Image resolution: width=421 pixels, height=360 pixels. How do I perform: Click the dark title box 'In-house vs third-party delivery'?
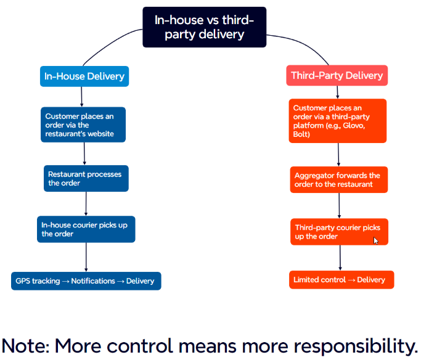pos(204,27)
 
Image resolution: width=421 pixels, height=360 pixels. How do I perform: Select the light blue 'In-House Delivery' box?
pos(84,76)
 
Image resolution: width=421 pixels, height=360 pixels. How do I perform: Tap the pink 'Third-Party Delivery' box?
pos(337,75)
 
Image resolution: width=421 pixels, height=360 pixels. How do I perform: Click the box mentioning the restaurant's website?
pos(83,125)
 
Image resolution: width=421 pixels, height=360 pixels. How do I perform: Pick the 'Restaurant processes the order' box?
pos(86,179)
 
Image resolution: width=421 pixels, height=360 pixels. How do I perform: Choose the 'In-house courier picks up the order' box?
pos(86,229)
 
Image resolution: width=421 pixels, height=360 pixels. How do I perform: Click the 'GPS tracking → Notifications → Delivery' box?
pos(86,281)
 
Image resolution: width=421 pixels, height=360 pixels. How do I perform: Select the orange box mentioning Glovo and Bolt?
pos(338,121)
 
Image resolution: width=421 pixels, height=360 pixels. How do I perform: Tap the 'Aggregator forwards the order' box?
pos(339,179)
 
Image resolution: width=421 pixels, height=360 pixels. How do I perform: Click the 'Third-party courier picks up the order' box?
pos(340,232)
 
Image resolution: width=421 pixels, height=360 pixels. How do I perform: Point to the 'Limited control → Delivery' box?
pos(341,280)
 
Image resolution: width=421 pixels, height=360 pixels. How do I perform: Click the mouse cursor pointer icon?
pos(375,241)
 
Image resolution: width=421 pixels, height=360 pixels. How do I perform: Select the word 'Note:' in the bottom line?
pos(26,346)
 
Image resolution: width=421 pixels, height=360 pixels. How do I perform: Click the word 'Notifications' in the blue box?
pos(93,281)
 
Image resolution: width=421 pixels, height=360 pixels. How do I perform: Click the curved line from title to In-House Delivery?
pos(108,44)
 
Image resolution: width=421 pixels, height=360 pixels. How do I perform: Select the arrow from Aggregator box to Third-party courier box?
pos(339,206)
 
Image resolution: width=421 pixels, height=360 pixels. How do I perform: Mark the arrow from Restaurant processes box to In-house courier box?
pos(86,204)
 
